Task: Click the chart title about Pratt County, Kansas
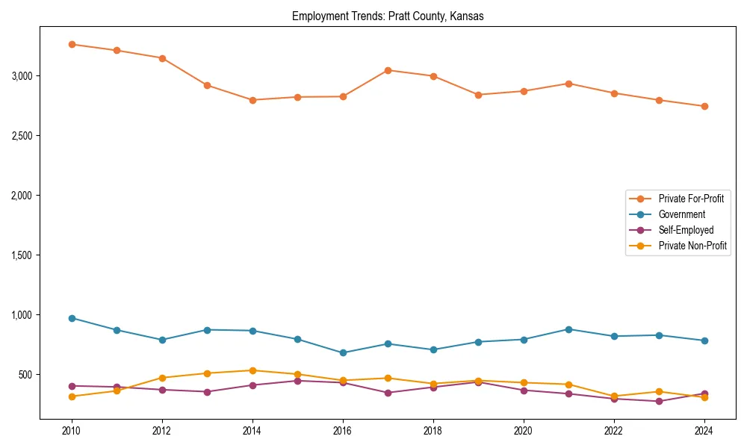pos(388,16)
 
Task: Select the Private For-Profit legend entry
pos(690,199)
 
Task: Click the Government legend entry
pos(681,214)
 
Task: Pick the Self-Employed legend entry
pos(686,230)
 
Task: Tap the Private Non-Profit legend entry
pos(692,246)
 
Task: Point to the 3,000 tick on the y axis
pos(21,76)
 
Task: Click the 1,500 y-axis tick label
pos(21,255)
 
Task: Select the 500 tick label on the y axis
pos(25,375)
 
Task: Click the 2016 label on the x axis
pos(343,432)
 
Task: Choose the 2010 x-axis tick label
pos(72,432)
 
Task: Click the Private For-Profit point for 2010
pos(72,44)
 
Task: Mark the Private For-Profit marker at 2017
pos(388,70)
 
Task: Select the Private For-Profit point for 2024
pos(704,106)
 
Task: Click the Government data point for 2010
pos(72,318)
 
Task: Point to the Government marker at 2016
pos(343,352)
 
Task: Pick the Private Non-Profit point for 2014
pos(252,370)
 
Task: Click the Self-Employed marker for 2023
pos(659,401)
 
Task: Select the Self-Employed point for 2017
pos(388,393)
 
